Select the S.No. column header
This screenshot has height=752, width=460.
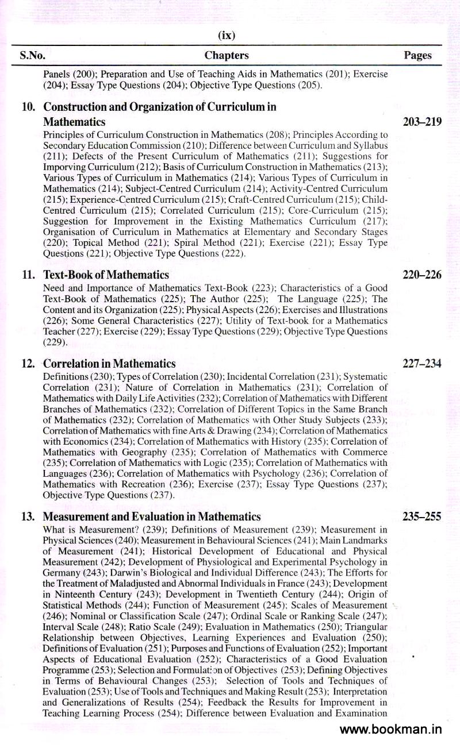point(32,56)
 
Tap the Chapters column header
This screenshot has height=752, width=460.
point(227,56)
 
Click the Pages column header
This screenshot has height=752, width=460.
point(417,56)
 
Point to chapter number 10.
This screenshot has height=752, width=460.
point(29,107)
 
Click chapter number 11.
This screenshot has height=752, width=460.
point(29,275)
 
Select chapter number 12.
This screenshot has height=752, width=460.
point(29,364)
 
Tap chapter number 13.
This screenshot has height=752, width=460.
point(29,517)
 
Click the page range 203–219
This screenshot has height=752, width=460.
point(422,122)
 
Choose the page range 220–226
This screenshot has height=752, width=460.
point(422,275)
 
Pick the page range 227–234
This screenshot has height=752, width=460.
point(422,364)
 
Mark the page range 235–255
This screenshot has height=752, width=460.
point(422,517)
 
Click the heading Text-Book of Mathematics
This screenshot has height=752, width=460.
point(106,275)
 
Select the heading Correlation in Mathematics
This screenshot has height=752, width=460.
point(109,364)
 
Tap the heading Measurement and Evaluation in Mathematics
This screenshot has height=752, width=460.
point(152,517)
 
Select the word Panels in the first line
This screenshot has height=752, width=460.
point(56,74)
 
